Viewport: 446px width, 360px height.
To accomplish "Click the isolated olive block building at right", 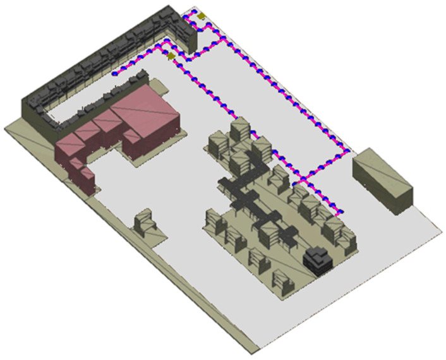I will [382, 181].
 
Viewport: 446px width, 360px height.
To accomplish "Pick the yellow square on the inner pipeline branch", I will [171, 56].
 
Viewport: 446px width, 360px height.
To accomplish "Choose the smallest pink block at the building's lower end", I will [84, 177].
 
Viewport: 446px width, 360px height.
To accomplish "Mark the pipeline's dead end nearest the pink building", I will [114, 73].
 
